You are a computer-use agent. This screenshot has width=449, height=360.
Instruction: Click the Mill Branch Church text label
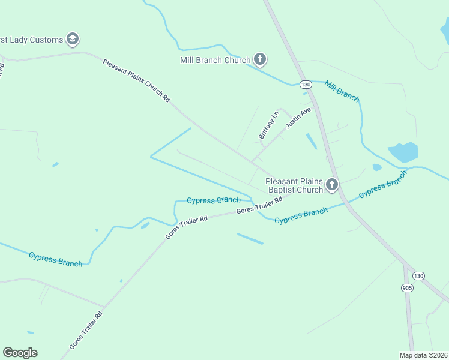(215, 60)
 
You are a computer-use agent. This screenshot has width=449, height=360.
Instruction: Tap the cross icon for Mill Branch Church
(260, 59)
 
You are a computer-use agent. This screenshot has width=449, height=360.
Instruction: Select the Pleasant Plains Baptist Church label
(294, 185)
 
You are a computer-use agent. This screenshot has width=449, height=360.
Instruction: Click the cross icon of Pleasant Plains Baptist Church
(332, 185)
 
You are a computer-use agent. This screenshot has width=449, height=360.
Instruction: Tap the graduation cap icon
(73, 40)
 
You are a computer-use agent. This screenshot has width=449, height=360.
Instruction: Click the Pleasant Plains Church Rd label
(137, 80)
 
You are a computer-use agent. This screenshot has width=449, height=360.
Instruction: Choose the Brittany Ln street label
(269, 125)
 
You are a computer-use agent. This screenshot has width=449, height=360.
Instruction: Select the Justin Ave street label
(299, 118)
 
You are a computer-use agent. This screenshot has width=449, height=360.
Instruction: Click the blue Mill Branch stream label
(342, 90)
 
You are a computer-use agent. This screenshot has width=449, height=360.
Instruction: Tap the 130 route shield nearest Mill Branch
(306, 85)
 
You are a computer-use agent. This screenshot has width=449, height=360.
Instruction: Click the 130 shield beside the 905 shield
(418, 275)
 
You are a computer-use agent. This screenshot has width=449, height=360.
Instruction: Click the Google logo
(20, 353)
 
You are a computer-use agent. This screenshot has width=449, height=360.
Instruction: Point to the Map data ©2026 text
(423, 355)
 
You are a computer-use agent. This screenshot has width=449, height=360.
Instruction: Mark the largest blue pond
(403, 152)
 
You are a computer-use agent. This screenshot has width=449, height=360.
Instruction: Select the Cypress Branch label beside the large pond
(383, 185)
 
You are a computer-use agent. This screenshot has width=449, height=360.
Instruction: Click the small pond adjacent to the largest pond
(376, 167)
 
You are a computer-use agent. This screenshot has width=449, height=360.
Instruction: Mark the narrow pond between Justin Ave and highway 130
(312, 142)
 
